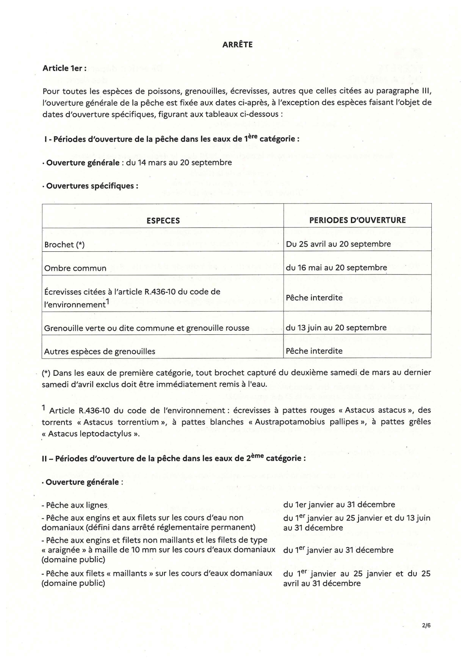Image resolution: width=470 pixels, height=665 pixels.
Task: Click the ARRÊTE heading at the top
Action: (x=237, y=45)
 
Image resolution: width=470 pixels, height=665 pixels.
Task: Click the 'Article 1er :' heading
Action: (x=64, y=68)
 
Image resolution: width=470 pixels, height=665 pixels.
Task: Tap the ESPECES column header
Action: (x=163, y=221)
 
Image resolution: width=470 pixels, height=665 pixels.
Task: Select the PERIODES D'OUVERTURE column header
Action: (x=357, y=220)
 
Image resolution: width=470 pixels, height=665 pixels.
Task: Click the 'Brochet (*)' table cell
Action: (x=64, y=245)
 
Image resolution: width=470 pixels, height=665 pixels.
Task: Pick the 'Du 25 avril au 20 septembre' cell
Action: (x=338, y=244)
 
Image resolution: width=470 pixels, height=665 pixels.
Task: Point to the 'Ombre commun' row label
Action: (x=75, y=268)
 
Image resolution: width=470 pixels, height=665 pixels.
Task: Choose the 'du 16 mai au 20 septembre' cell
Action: (x=336, y=268)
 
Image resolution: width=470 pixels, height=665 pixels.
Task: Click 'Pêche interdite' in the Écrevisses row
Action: (x=314, y=298)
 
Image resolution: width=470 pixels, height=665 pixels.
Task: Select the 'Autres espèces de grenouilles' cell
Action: (x=100, y=351)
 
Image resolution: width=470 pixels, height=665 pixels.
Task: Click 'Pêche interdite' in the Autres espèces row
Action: (x=314, y=351)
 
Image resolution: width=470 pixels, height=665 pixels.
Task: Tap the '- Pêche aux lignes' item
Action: (x=75, y=505)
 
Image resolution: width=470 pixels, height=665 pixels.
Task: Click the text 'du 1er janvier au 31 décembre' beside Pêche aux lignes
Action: (x=339, y=505)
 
